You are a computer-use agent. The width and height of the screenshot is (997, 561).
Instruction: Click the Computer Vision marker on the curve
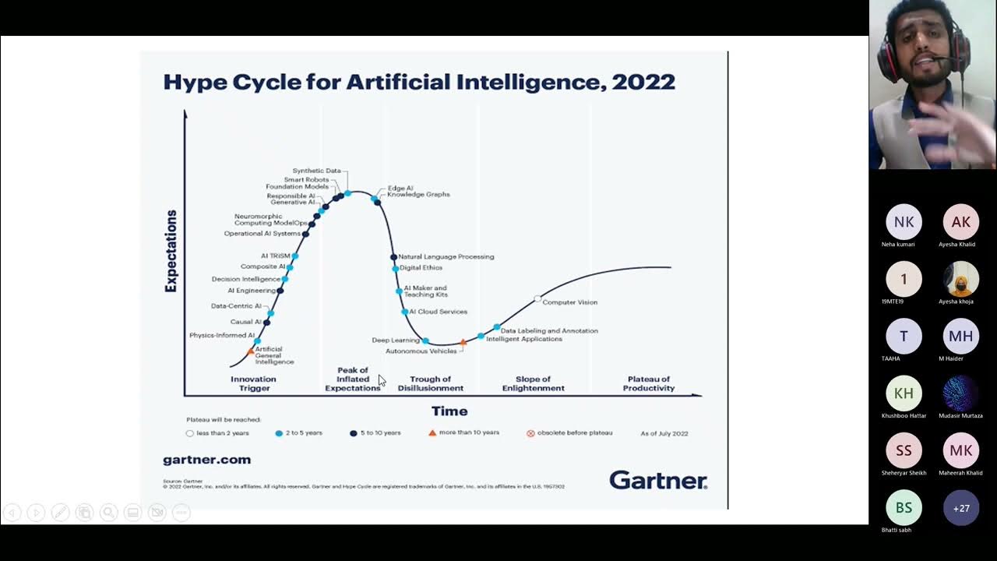(x=537, y=298)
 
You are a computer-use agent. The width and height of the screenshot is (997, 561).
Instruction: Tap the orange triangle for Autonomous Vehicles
(x=463, y=342)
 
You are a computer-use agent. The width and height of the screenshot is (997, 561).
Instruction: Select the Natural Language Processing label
(x=446, y=256)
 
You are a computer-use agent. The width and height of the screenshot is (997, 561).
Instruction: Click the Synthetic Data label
(x=316, y=171)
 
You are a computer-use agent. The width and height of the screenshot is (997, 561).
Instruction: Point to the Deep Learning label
(x=395, y=340)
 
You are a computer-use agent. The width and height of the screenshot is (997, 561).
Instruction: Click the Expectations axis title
(x=171, y=251)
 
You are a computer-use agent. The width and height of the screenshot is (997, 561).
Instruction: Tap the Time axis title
(x=449, y=411)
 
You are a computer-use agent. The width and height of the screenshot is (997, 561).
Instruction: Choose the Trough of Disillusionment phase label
(x=430, y=383)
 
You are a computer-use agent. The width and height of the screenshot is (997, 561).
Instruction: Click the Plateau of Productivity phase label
(x=648, y=383)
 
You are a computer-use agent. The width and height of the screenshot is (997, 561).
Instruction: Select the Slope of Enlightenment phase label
(x=533, y=383)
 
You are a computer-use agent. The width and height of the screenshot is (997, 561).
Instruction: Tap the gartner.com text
(x=206, y=460)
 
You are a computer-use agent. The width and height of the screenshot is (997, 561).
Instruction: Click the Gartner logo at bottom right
(x=657, y=480)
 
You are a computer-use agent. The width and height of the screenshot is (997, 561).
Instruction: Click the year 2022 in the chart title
(x=643, y=82)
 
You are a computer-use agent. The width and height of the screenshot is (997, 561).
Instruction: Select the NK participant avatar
(x=904, y=222)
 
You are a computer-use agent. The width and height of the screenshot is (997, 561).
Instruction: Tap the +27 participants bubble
(x=961, y=508)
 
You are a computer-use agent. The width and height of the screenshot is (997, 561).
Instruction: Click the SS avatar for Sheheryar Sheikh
(x=904, y=450)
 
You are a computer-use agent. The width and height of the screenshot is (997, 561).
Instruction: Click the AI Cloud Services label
(x=438, y=312)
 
